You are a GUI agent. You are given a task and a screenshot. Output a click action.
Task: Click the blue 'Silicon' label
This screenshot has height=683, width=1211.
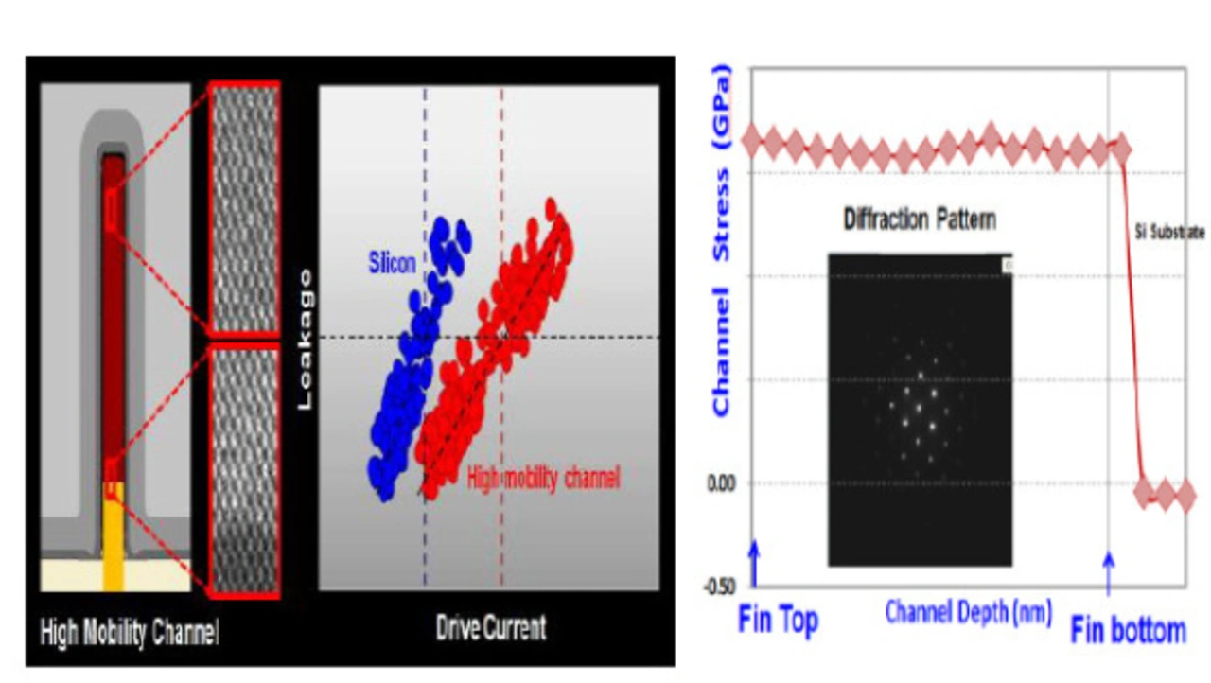click(x=391, y=263)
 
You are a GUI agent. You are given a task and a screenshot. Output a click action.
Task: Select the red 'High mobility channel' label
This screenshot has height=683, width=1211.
click(x=544, y=479)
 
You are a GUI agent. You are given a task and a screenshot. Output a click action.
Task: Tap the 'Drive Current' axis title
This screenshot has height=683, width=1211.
click(x=490, y=627)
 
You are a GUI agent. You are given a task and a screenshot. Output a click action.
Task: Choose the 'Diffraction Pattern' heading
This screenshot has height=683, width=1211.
click(x=919, y=219)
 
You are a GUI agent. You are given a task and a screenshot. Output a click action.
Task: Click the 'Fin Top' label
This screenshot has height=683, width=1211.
click(x=777, y=621)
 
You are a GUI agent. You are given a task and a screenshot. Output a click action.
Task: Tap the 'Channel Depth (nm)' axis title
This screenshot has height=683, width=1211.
click(x=968, y=613)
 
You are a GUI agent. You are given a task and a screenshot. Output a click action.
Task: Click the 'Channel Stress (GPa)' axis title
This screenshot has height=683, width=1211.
click(x=722, y=241)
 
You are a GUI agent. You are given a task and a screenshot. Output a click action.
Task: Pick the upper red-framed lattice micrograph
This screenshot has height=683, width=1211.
click(x=244, y=209)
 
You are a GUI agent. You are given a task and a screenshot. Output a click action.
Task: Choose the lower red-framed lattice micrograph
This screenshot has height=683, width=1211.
click(x=244, y=469)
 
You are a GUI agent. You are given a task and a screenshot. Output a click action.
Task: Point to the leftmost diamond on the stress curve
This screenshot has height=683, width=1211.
click(x=752, y=142)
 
